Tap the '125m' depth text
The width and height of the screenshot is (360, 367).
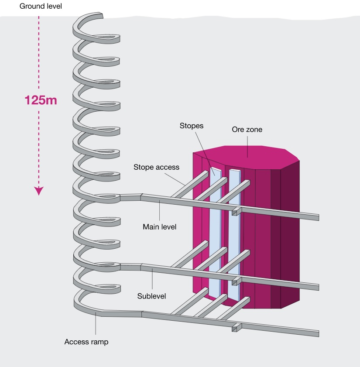pyautogui.click(x=41, y=100)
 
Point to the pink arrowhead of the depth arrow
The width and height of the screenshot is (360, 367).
pyautogui.click(x=39, y=191)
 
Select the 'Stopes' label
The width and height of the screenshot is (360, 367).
pyautogui.click(x=192, y=126)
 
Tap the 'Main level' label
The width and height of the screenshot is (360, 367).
pyautogui.click(x=159, y=226)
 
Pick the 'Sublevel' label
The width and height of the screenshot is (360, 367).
pyautogui.click(x=152, y=295)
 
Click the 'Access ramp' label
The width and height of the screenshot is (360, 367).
pyautogui.click(x=86, y=342)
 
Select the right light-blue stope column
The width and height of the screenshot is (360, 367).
pyautogui.click(x=235, y=231)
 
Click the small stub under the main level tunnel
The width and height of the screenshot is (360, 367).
pyautogui.click(x=235, y=212)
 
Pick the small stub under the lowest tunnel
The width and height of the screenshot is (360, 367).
pyautogui.click(x=236, y=328)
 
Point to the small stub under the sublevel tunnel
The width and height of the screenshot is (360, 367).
pyautogui.click(x=235, y=281)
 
